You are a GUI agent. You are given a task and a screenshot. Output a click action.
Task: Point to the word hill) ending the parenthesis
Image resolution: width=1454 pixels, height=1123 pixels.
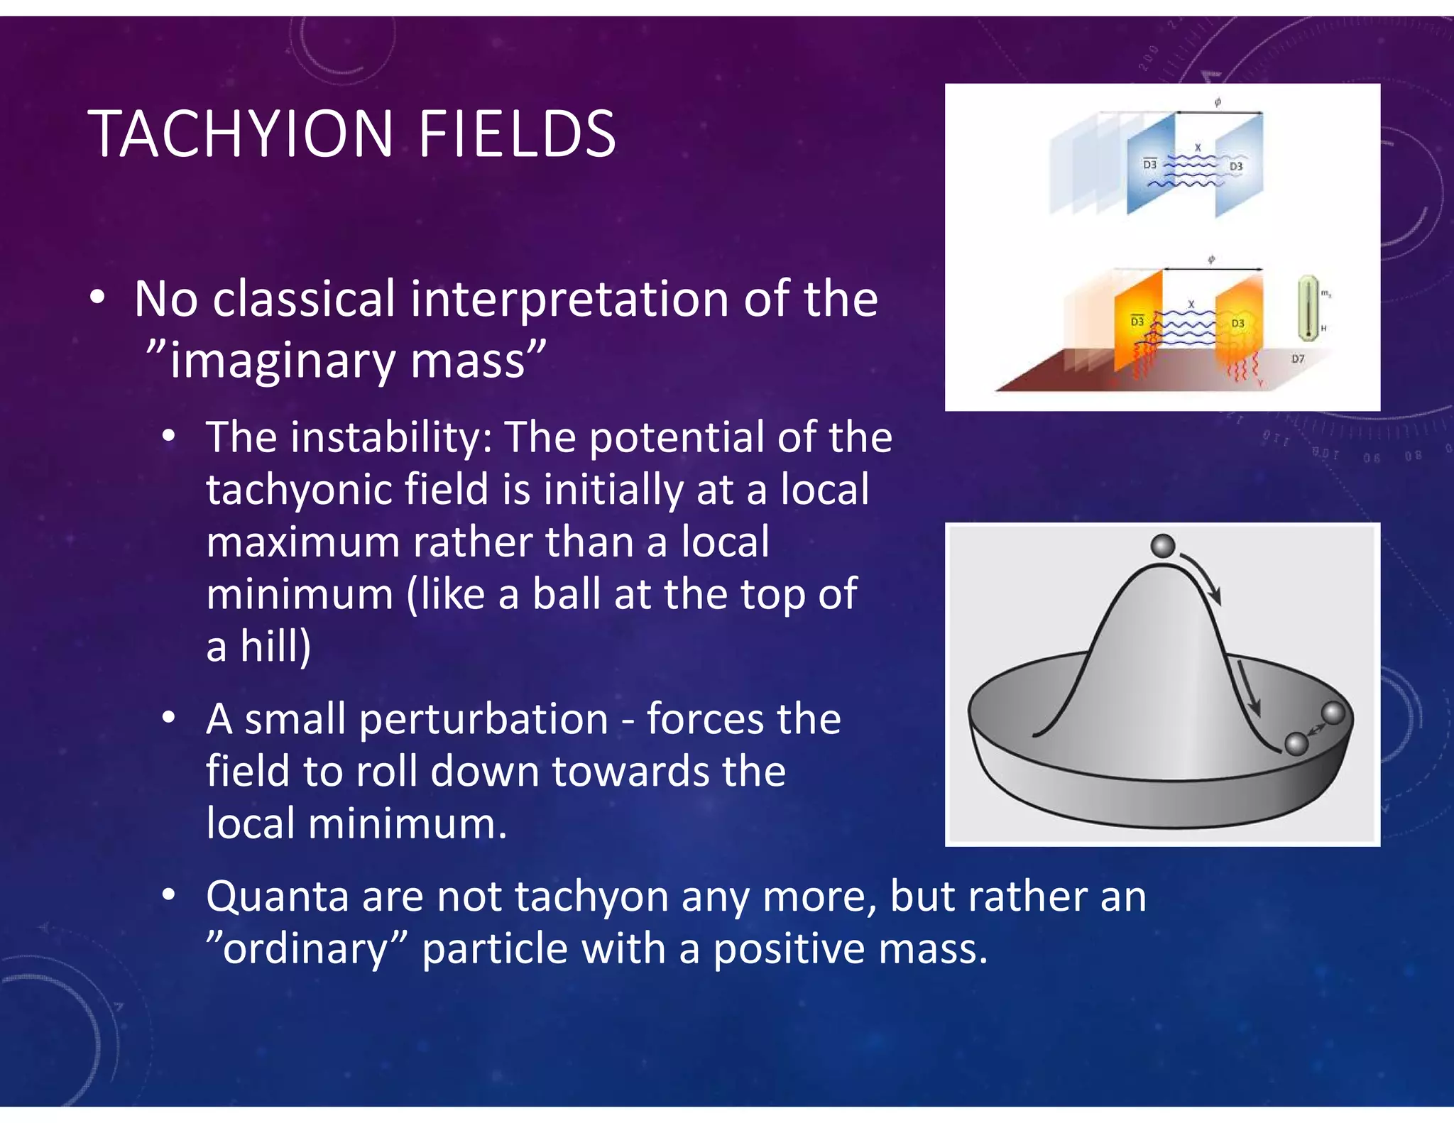pyautogui.click(x=275, y=646)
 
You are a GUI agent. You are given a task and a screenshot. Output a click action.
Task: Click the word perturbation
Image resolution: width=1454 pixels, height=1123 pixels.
pyautogui.click(x=483, y=719)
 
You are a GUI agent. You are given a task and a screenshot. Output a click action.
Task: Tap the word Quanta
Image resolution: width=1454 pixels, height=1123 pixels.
pyautogui.click(x=278, y=896)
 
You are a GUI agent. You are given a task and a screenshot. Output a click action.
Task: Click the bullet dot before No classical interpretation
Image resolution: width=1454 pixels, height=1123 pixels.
pyautogui.click(x=98, y=298)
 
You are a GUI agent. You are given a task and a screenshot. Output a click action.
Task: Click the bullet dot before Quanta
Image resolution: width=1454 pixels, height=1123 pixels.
pyautogui.click(x=168, y=896)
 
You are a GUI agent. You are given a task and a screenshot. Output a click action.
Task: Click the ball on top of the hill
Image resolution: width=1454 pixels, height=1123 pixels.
pyautogui.click(x=1163, y=547)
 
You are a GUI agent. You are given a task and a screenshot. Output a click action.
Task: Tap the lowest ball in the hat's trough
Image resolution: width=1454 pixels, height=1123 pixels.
pyautogui.click(x=1296, y=744)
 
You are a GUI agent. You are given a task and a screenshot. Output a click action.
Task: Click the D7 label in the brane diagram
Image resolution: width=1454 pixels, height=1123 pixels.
pyautogui.click(x=1297, y=359)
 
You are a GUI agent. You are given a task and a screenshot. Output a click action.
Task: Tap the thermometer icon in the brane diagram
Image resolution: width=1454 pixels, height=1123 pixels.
pyautogui.click(x=1306, y=308)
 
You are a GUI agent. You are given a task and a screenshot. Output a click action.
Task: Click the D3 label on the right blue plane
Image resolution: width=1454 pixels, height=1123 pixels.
pyautogui.click(x=1236, y=166)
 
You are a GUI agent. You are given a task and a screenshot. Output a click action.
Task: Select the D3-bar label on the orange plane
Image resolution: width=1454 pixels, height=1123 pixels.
pyautogui.click(x=1137, y=322)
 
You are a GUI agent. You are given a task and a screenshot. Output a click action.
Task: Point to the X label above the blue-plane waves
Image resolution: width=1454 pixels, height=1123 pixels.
pyautogui.click(x=1198, y=148)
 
